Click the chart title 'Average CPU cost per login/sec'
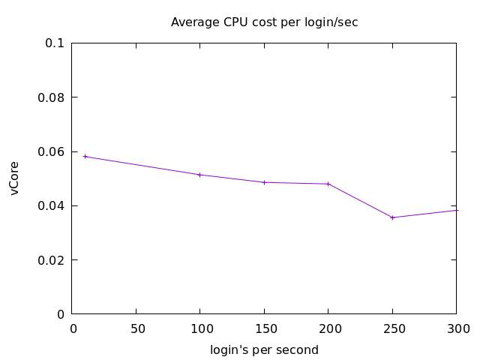point(264,22)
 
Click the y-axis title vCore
point(15,178)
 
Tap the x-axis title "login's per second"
point(264,350)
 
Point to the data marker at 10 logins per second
point(85,156)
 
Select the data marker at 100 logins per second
point(199,175)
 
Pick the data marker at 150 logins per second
point(264,182)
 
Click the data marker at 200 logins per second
point(328,184)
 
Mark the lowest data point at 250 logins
point(392,217)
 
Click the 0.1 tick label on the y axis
point(55,43)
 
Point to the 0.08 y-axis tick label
point(51,97)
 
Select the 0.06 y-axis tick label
point(51,151)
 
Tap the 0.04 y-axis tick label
point(51,205)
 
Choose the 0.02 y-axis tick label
point(51,260)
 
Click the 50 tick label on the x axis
point(136,328)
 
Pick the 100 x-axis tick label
point(199,328)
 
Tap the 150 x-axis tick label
point(264,328)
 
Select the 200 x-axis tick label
point(328,328)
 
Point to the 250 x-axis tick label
point(392,328)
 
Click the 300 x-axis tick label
point(456,328)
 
